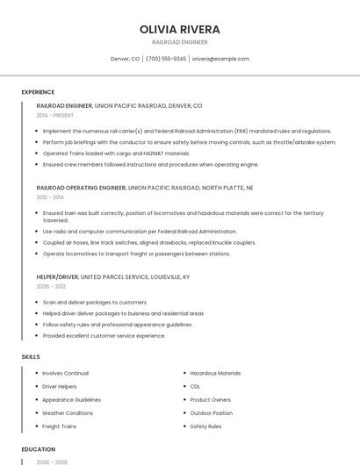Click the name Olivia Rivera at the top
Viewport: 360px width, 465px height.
179,29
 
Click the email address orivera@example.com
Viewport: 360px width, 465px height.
220,59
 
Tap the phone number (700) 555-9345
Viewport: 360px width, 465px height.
166,59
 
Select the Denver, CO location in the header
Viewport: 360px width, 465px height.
125,59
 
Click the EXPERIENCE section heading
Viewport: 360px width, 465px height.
38,92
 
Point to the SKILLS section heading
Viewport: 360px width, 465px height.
31,357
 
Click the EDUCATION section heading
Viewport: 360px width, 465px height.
39,449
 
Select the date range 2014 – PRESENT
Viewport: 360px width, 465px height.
55,115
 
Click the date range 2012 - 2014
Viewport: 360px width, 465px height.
50,197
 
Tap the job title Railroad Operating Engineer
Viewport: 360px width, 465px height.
81,188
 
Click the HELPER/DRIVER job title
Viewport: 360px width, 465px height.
57,276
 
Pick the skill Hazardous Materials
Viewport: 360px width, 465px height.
215,373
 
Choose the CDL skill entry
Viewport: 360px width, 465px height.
195,386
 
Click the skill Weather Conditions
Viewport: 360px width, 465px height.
68,413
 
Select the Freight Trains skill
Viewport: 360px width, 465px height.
59,426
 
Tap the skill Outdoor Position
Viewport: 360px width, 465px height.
211,413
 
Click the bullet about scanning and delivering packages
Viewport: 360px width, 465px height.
95,302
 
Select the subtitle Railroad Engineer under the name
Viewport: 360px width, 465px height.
179,41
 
